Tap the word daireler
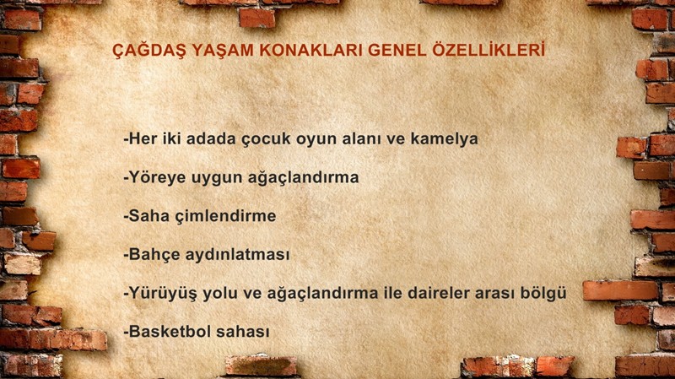click(x=439, y=293)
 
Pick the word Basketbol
click(x=170, y=332)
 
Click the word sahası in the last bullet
click(x=243, y=332)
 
